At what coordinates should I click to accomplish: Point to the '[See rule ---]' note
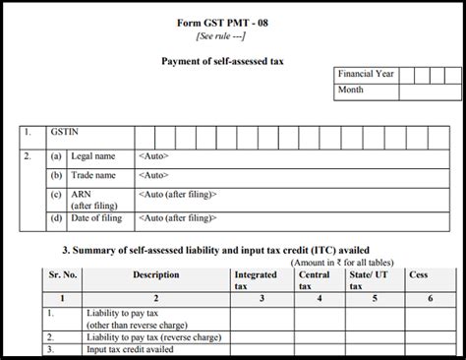pyautogui.click(x=228, y=35)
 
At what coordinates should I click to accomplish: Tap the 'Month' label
pyautogui.click(x=352, y=90)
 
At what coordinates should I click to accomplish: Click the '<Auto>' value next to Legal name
pyautogui.click(x=154, y=154)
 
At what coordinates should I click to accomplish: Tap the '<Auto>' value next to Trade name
pyautogui.click(x=154, y=175)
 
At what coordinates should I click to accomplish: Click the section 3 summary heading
pyautogui.click(x=222, y=250)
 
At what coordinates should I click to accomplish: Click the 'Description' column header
pyautogui.click(x=155, y=275)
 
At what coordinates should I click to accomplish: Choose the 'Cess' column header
pyautogui.click(x=418, y=275)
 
